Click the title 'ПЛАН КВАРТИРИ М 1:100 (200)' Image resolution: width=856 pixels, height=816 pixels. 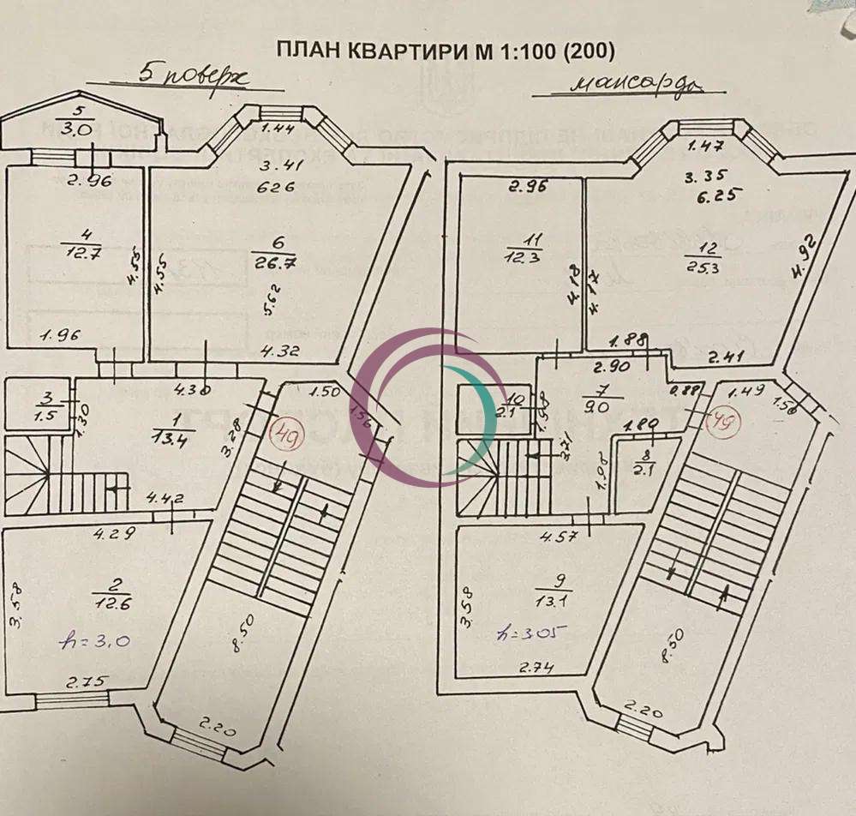point(445,50)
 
